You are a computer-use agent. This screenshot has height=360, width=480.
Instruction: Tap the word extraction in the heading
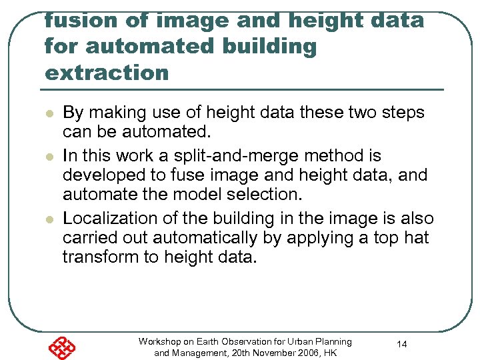(107, 73)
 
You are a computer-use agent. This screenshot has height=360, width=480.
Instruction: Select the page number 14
(402, 344)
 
